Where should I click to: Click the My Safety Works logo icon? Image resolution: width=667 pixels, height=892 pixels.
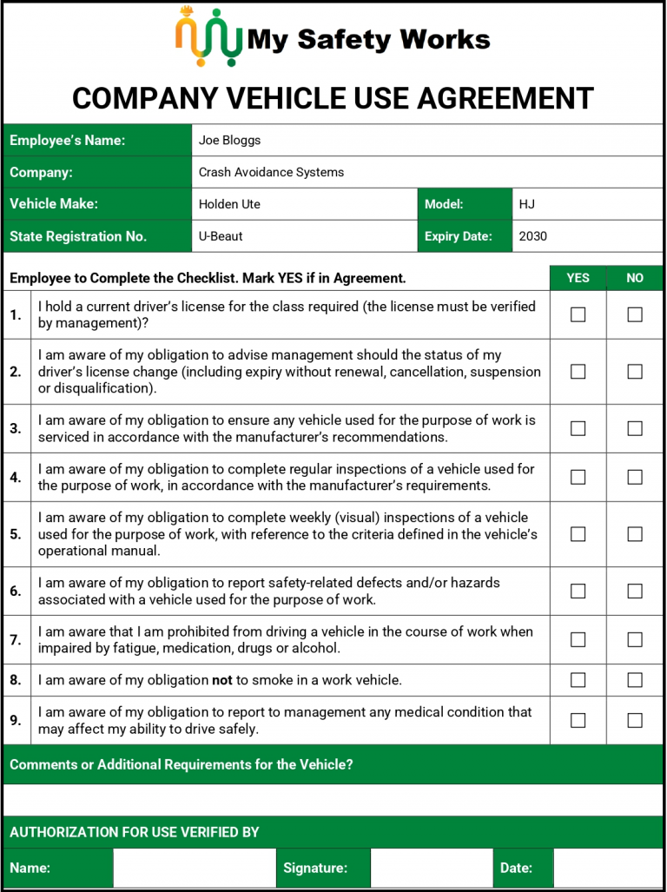[x=208, y=37]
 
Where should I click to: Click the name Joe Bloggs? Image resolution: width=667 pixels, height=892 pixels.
[x=229, y=140]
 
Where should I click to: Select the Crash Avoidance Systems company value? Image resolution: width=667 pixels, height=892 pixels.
[x=271, y=172]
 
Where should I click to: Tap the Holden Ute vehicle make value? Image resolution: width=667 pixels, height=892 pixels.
[x=229, y=204]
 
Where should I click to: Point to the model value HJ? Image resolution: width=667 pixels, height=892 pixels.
[x=527, y=204]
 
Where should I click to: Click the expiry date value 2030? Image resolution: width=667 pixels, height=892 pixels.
[x=533, y=236]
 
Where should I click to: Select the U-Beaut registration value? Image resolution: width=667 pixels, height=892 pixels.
[x=221, y=236]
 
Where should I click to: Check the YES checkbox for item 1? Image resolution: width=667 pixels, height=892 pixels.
[x=578, y=314]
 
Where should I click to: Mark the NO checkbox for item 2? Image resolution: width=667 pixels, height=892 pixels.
[x=635, y=372]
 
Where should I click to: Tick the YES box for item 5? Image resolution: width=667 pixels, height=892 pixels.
[x=578, y=534]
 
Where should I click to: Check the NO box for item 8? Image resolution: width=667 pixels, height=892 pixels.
[x=635, y=680]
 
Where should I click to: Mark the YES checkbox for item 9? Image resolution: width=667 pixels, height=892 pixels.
[x=578, y=720]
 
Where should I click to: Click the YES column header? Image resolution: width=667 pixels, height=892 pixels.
[x=578, y=278]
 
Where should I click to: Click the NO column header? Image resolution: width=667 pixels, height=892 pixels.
[x=635, y=278]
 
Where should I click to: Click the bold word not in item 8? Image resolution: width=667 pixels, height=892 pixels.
[x=222, y=680]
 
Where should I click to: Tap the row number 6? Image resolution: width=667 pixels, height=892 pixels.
[x=16, y=591]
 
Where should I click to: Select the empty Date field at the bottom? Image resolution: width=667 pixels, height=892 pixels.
[x=608, y=868]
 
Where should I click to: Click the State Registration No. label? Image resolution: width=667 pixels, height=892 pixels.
[x=78, y=236]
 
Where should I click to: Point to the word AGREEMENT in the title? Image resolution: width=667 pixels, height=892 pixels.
[x=505, y=98]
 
